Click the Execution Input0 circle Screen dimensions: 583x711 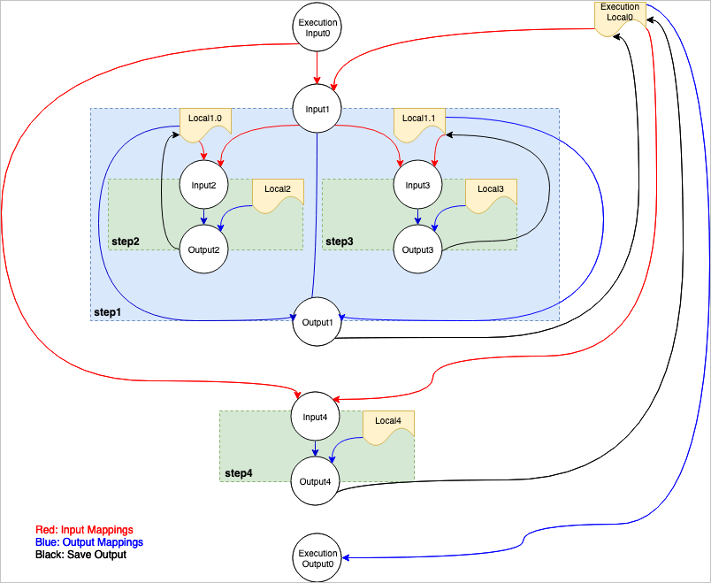click(317, 27)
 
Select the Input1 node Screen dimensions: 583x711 click(317, 110)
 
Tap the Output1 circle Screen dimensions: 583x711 click(317, 320)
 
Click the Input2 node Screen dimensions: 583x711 click(204, 186)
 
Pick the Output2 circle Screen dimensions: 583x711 click(204, 249)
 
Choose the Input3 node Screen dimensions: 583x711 click(417, 186)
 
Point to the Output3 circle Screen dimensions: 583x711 click(417, 249)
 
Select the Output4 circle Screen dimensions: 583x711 click(317, 481)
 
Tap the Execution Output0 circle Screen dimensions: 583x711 click(317, 559)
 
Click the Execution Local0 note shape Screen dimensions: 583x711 click(620, 16)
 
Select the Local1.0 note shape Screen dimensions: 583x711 click(205, 122)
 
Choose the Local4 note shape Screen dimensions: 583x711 click(388, 426)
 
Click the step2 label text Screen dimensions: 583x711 click(126, 241)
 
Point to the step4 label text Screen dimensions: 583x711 click(238, 473)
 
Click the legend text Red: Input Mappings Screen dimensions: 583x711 click(84, 530)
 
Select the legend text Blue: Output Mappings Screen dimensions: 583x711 click(88, 541)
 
